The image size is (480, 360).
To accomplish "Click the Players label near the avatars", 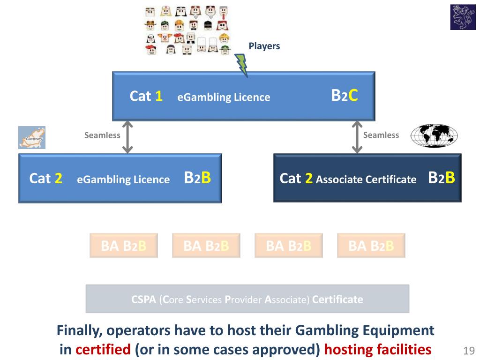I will tap(264, 46).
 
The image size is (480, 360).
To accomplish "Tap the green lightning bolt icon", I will tap(242, 64).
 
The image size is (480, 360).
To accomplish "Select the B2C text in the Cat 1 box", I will tap(345, 96).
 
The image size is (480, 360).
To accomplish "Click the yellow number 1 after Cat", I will tap(159, 97).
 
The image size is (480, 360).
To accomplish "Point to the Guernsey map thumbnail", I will tap(31, 137).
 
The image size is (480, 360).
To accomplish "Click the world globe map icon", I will tap(434, 136).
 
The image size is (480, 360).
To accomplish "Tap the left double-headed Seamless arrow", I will tap(127, 137).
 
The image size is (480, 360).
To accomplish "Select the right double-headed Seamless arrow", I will tap(357, 137).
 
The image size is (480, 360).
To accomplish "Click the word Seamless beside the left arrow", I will tap(102, 135).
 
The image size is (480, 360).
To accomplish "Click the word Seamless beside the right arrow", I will tap(381, 135).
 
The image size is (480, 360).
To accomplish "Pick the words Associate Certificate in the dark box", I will tap(366, 179).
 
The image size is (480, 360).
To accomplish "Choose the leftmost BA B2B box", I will tap(124, 246).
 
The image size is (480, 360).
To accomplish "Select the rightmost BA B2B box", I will tap(371, 246).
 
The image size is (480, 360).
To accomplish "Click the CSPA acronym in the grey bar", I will tap(143, 299).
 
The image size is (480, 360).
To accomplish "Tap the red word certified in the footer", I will tap(103, 349).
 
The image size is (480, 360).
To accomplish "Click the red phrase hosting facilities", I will tap(378, 349).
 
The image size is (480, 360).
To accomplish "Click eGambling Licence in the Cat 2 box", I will tap(123, 179).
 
